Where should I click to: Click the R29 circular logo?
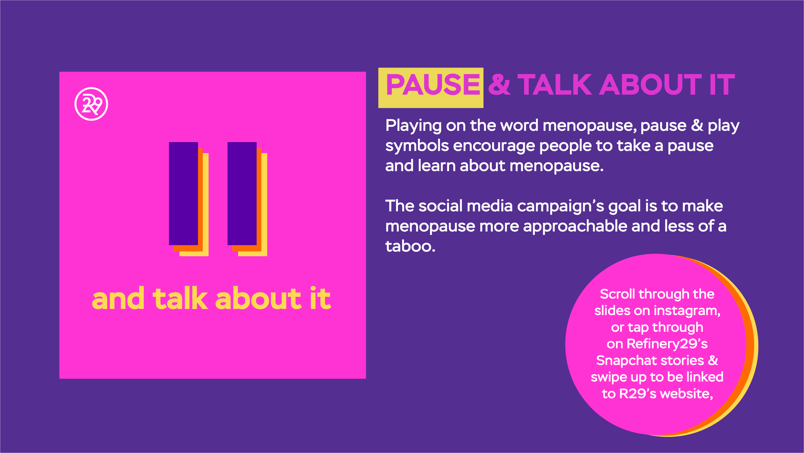pos(91,104)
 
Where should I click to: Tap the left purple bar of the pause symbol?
pos(183,193)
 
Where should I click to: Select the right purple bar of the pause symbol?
pos(242,193)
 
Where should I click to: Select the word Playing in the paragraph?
pos(413,126)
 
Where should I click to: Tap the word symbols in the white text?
pos(417,146)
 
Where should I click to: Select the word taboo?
pos(410,246)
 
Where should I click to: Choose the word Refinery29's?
pos(667,344)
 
